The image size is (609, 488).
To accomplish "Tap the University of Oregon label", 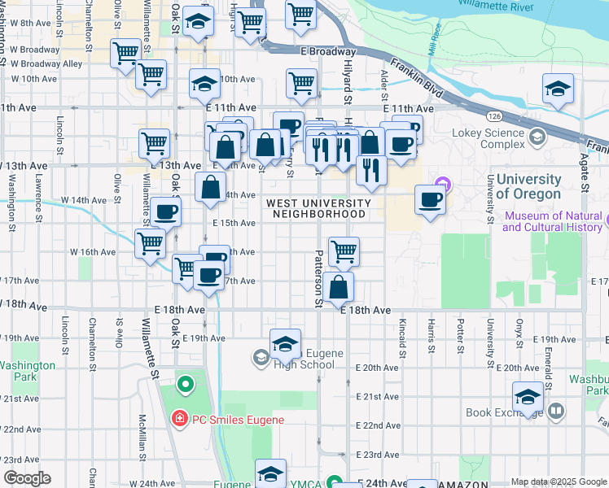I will pos(528,186).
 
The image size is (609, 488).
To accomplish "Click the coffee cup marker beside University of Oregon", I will pos(431,199).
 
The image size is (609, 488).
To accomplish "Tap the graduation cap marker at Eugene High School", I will pos(285,344).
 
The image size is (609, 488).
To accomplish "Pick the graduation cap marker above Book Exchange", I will pos(528,398).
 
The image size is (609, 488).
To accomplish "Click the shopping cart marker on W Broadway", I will pos(125,54).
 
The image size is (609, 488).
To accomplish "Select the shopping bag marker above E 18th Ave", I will pos(338,286).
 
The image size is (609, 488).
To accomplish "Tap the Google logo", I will pos(27,478).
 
